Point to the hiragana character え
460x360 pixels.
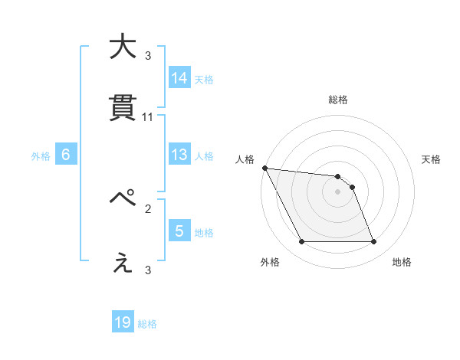[x=122, y=263]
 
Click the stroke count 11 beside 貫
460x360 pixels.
[x=148, y=116]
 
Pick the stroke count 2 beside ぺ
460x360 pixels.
[x=148, y=208]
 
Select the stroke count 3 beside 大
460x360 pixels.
[x=148, y=55]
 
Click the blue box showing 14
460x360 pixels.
[x=179, y=78]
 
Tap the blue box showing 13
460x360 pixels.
[x=179, y=155]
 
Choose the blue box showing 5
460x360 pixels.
[x=179, y=231]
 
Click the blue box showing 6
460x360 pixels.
[x=66, y=155]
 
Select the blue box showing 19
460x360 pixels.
[x=123, y=322]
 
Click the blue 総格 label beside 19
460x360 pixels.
[x=147, y=324]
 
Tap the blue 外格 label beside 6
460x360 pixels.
[x=41, y=156]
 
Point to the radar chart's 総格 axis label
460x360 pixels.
[x=338, y=100]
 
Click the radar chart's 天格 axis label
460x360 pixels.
[x=432, y=159]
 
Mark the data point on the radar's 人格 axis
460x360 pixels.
[x=264, y=168]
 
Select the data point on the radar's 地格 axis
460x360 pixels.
[x=373, y=242]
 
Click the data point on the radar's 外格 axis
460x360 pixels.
[x=301, y=242]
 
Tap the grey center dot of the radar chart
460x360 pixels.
[x=337, y=191]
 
